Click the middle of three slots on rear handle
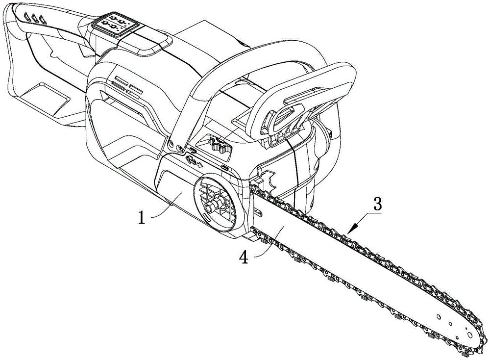tap(34, 18)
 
